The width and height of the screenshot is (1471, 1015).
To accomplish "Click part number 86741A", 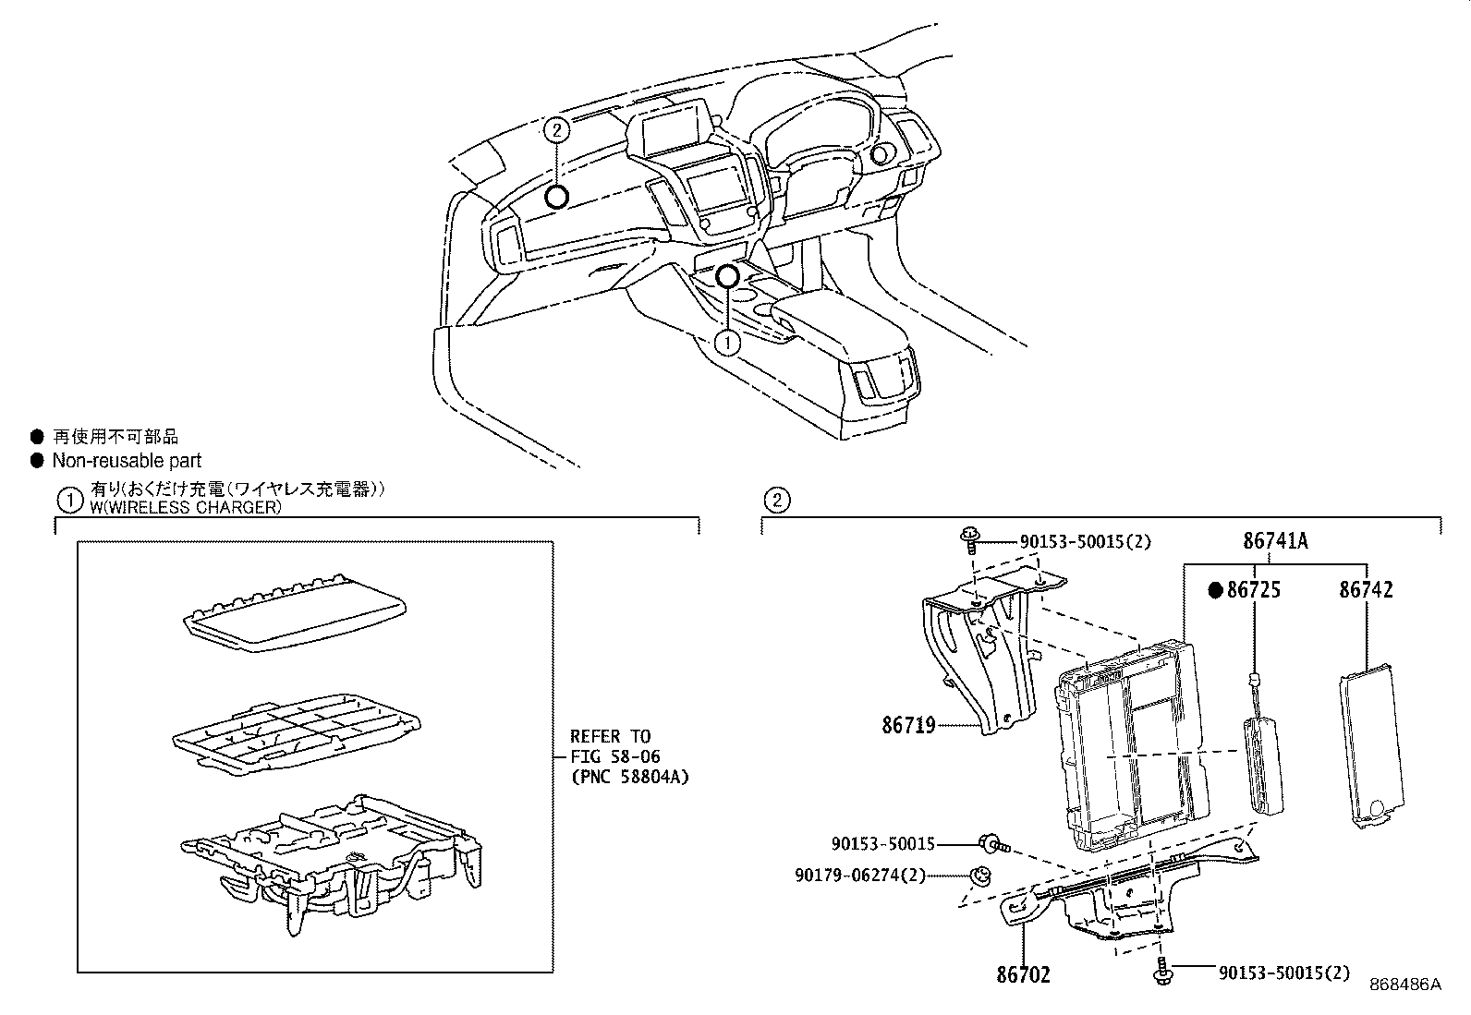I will pos(1275,542).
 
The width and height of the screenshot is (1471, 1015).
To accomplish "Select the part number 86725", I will pos(1253,590).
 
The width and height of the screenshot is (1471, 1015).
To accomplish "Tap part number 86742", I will pos(1366,590).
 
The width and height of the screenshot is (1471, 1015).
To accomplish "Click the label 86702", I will pos(1023,974).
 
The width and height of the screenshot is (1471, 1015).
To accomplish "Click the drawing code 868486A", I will pos(1404,985).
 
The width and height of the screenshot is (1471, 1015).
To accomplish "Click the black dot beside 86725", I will pos(1217,590).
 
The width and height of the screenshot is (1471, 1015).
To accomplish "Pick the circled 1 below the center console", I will pos(728,343).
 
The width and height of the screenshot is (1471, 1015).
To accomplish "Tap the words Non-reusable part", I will pos(126,461).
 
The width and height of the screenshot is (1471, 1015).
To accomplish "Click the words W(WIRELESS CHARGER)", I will pos(185,508).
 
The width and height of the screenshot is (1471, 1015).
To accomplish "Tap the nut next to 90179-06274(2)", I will pos(982,876).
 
